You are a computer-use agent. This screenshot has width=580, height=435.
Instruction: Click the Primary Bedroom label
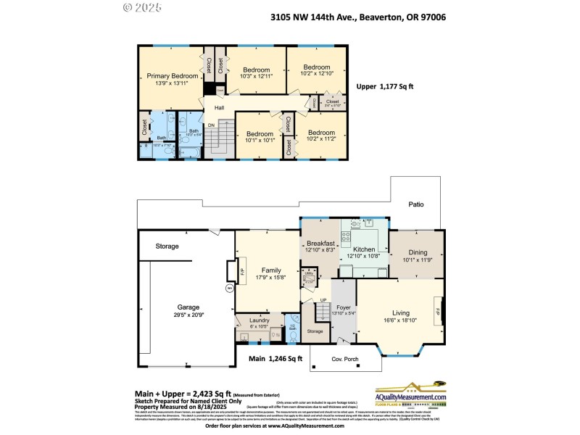tap(172, 76)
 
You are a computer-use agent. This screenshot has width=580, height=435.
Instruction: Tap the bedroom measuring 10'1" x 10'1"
tap(259, 134)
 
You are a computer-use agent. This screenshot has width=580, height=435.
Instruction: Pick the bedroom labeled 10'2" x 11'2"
tap(321, 133)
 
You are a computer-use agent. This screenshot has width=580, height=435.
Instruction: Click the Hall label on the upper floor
tap(219, 108)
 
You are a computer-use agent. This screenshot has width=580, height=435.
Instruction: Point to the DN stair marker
tap(212, 125)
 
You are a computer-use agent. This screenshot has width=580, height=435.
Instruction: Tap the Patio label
tap(415, 204)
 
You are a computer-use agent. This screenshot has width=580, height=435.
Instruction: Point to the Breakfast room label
tap(320, 244)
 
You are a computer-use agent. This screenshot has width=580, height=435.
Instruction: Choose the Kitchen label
tap(364, 249)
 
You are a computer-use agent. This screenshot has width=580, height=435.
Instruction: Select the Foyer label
tap(344, 307)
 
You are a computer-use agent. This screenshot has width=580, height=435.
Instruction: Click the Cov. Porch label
tap(341, 360)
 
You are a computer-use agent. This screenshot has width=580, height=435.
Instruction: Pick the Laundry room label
tap(260, 320)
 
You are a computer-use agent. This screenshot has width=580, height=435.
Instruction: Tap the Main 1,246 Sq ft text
tap(275, 358)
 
